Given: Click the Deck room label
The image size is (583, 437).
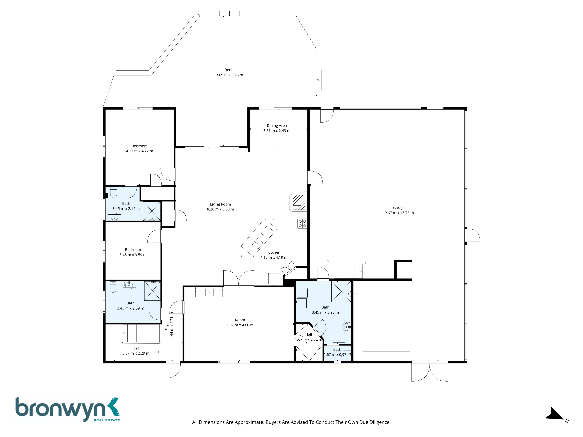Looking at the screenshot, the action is (228, 70).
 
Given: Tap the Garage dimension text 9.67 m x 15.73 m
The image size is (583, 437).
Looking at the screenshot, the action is (399, 213).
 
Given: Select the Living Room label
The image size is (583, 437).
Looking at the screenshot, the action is (220, 204).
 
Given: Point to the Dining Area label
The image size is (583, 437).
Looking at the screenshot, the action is (277, 126).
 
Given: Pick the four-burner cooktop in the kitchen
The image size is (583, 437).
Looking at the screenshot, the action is (302, 223).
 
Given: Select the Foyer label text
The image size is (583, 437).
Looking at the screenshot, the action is (167, 326).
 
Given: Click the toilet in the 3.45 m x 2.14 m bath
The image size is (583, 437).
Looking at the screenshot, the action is (114, 192).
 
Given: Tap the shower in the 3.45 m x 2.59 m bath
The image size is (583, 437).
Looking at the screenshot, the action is (152, 291).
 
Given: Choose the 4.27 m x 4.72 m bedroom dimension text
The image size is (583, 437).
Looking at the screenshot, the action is (139, 151).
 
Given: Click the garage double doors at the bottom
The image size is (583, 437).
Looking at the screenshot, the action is (430, 371).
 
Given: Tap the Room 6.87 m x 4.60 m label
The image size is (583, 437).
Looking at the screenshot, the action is (240, 322).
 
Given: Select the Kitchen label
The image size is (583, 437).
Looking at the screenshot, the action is (274, 252).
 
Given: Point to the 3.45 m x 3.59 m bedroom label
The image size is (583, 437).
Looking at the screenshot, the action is (133, 252).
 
